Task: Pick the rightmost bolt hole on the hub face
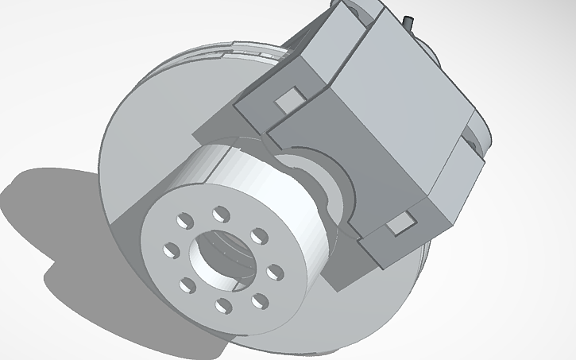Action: coord(274,273)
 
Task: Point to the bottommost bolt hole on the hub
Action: coord(225,307)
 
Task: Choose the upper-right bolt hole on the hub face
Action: coord(258,235)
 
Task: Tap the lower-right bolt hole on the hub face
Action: coord(260,300)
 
